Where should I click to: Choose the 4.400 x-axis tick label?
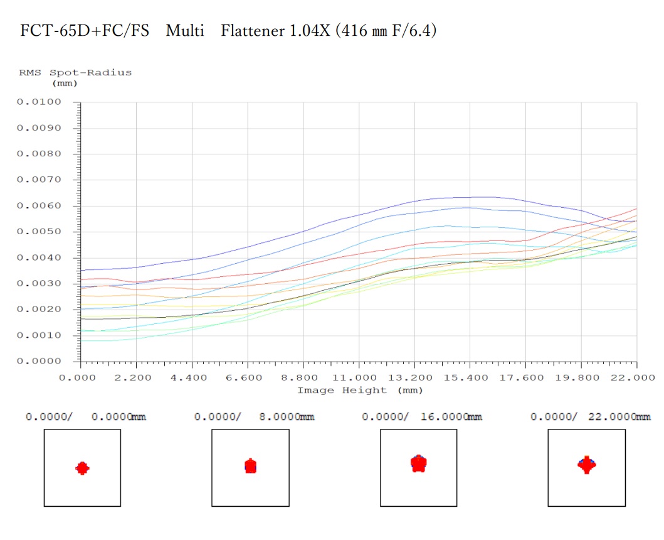point(192,377)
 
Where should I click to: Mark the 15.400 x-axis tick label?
point(470,377)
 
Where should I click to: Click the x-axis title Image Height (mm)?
point(359,391)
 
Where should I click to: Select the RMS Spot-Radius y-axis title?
point(75,73)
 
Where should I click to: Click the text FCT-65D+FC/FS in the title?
point(85,31)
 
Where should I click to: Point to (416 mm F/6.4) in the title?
point(386,31)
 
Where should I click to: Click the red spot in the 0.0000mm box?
point(82,468)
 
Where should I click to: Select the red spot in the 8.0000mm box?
point(250,466)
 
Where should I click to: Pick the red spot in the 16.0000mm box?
point(418,463)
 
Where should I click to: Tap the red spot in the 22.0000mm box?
point(586,465)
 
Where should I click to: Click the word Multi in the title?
point(185,31)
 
